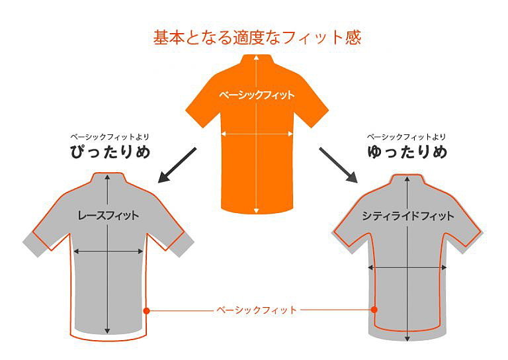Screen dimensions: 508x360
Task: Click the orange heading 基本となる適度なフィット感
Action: point(257,38)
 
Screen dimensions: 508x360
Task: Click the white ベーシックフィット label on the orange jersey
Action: point(256,95)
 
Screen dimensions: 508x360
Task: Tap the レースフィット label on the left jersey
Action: point(108,216)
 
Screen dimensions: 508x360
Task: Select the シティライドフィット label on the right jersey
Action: point(408,216)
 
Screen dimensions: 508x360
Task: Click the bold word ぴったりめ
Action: point(110,152)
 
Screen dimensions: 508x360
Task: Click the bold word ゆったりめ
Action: point(407,152)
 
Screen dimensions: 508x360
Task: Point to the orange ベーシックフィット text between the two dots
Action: point(256,310)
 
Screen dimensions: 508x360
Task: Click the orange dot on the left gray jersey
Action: point(146,310)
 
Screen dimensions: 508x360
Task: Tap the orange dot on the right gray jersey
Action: point(374,310)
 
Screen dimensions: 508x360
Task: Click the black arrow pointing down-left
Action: point(177,165)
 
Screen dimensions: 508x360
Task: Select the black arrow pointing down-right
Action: point(338,165)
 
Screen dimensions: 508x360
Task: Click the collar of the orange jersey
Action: point(257,60)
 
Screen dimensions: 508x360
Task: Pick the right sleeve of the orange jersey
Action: point(311,109)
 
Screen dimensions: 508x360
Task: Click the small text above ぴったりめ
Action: point(110,137)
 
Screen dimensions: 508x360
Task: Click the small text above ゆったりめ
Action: point(406,137)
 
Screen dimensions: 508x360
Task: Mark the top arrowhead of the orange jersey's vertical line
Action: point(256,58)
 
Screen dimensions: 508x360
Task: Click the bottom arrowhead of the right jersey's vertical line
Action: point(407,339)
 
